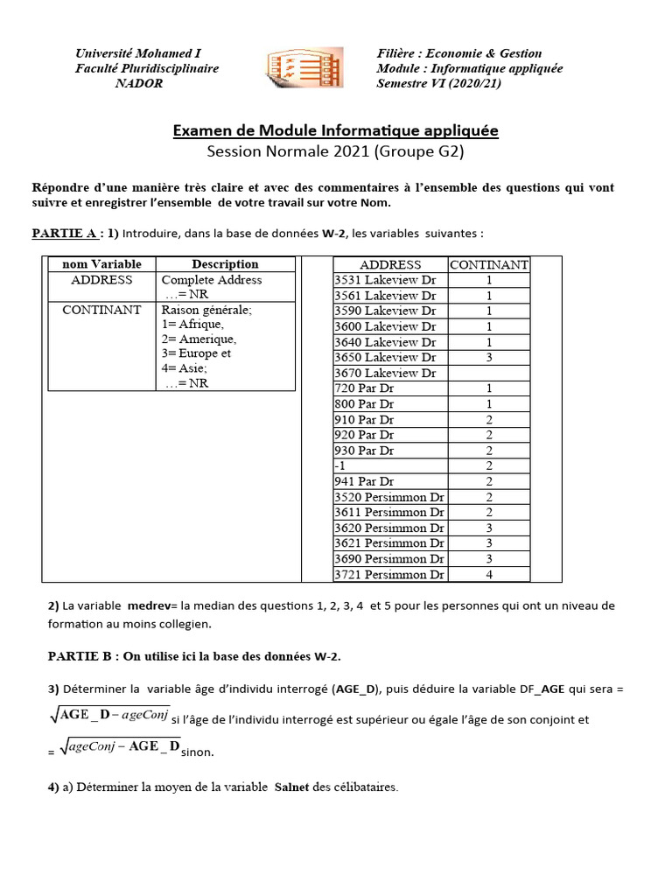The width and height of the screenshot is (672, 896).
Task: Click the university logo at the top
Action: pos(304,69)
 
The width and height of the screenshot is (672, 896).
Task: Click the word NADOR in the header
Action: pos(139,84)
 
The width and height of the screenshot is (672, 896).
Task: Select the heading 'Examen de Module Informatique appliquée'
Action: pos(335,130)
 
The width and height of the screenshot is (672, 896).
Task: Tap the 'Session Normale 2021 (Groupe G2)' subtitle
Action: pos(335,151)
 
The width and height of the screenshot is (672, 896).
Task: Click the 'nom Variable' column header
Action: pos(101,264)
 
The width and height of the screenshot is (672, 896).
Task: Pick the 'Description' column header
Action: pos(225,264)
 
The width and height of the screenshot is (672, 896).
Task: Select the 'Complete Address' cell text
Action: pos(211,280)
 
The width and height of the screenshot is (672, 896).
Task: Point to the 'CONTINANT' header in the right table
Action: pos(488,264)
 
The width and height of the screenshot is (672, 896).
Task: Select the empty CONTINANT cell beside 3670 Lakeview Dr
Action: pos(488,373)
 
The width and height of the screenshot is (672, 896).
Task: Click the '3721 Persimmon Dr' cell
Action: pos(389,574)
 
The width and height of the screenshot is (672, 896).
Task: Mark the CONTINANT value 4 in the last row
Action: pos(489,574)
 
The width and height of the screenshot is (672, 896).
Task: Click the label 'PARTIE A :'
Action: pos(68,234)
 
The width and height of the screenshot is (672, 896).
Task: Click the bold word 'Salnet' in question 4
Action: pos(292,787)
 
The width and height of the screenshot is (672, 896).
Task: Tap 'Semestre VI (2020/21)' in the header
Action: pos(439,84)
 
